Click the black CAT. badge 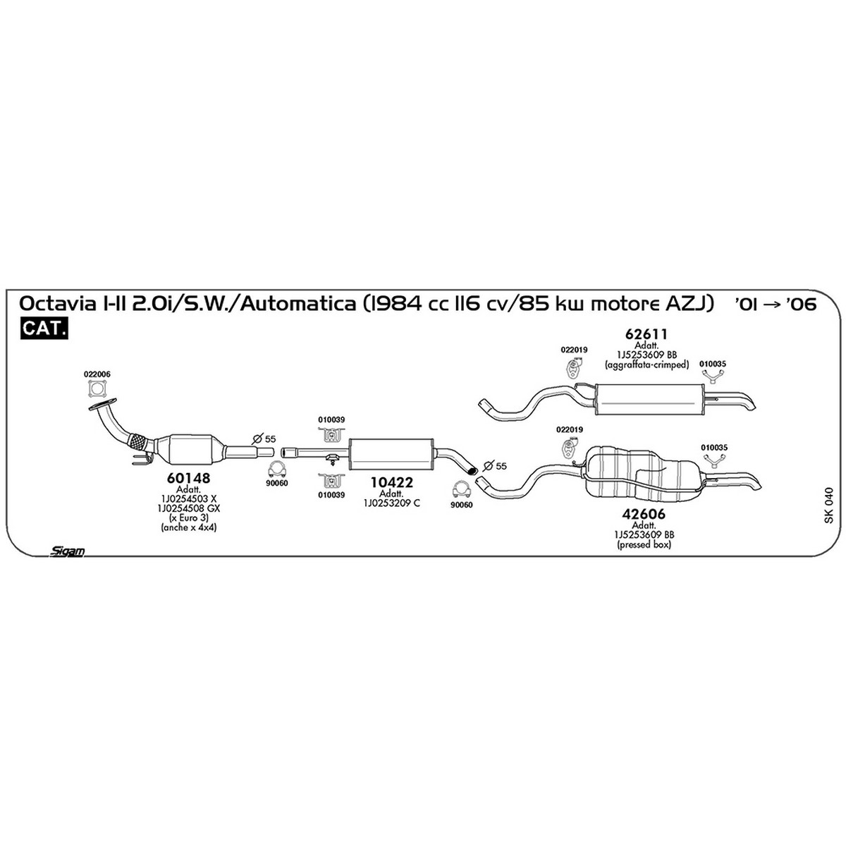pyautogui.click(x=44, y=328)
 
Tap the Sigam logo pyautogui.click(x=67, y=551)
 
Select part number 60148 pyautogui.click(x=188, y=478)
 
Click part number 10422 pyautogui.click(x=391, y=482)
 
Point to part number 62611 pyautogui.click(x=646, y=334)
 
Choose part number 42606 pyautogui.click(x=644, y=514)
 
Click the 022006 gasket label pyautogui.click(x=97, y=374)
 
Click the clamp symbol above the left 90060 pyautogui.click(x=277, y=470)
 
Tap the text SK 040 pyautogui.click(x=828, y=505)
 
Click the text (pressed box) pyautogui.click(x=644, y=545)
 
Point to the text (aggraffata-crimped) pyautogui.click(x=646, y=364)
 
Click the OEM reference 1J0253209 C pyautogui.click(x=391, y=503)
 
